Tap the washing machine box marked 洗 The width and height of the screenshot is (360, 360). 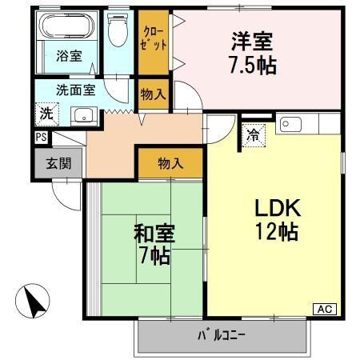pos(46,114)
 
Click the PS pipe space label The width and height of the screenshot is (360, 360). pos(41,138)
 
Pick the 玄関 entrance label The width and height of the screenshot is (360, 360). pos(57,164)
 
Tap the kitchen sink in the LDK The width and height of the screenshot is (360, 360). pos(290,124)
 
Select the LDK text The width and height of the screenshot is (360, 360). pos(277,209)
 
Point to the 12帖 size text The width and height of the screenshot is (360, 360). pos(277,233)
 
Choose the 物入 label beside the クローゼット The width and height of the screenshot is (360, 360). pos(153,94)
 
